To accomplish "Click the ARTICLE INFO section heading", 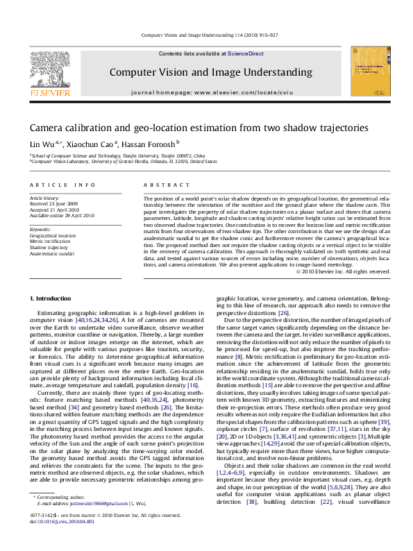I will pos(62,185).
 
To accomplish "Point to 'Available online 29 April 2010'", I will pos(62,215).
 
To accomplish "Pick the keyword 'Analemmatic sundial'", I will pos(51,253).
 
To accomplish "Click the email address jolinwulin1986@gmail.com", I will pos(101,523).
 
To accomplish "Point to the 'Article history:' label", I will pos(45,198).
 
